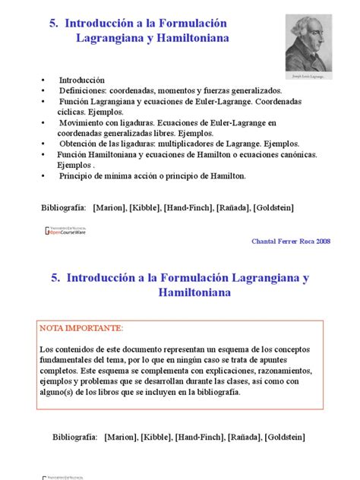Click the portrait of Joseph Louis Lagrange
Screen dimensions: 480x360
[309, 43]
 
